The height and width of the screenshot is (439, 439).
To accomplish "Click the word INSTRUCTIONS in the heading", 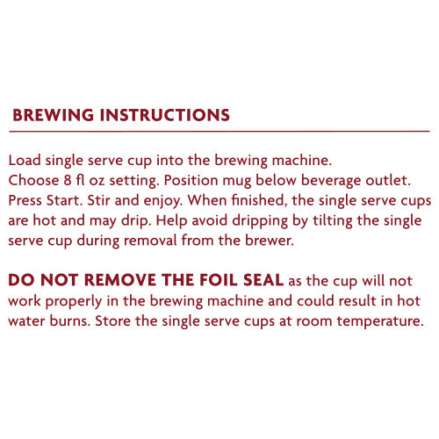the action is point(165,115).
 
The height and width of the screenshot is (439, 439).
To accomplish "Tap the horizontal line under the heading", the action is point(219,132).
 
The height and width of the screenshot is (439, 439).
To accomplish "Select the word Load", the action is point(25,161).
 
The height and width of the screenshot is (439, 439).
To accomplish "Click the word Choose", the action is point(33,180).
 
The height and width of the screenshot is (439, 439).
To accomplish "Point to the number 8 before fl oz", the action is point(68,180).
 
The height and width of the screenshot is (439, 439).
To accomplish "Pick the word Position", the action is point(191,180).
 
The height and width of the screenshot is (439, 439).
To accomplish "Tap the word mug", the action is point(237,182).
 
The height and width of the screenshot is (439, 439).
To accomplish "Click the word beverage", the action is point(331,181).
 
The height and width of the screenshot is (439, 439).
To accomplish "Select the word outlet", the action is point(388,180).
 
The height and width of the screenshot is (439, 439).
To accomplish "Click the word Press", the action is point(25,200).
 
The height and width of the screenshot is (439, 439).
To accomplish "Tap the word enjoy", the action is point(162,201).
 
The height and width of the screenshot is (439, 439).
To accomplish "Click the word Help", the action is point(171,221).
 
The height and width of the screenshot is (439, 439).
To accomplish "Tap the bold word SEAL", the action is point(263,280).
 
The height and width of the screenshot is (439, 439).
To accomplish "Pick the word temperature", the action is point(380,321).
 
